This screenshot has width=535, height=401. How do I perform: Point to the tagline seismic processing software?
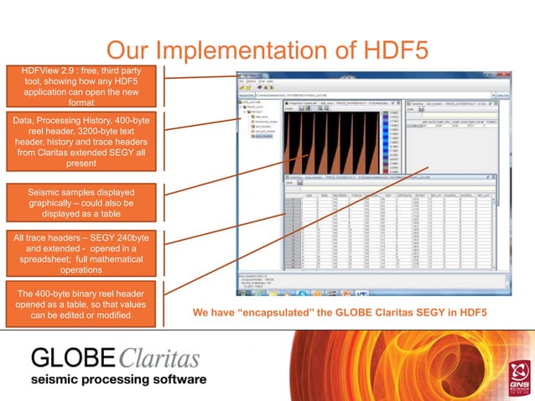click(x=118, y=380)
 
